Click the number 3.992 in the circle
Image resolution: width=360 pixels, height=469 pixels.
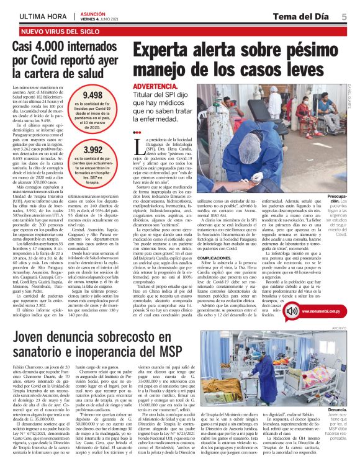(x=92, y=150)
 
